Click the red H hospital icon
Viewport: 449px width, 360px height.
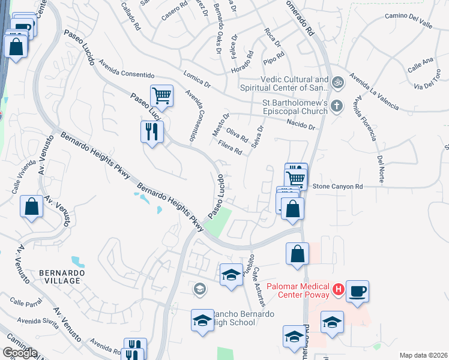pyautogui.click(x=338, y=290)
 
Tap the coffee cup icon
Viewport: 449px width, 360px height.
pyautogui.click(x=357, y=292)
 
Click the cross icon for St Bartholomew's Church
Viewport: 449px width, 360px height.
pyautogui.click(x=337, y=106)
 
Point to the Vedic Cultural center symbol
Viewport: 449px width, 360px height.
pyautogui.click(x=338, y=82)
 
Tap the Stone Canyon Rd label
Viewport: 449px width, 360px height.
pyautogui.click(x=338, y=187)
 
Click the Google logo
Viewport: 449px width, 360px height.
pyautogui.click(x=19, y=353)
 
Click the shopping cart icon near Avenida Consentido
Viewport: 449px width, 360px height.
pyautogui.click(x=161, y=95)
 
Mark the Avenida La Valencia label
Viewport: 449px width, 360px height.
pyautogui.click(x=375, y=92)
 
